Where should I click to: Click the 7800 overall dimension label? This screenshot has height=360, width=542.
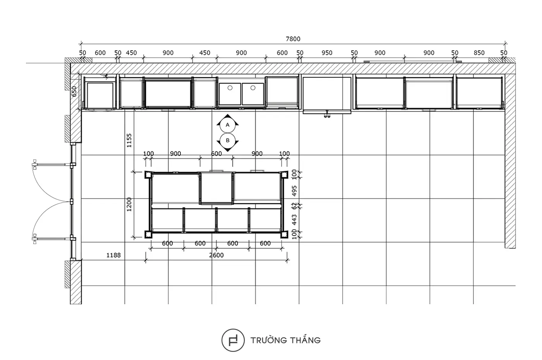pos(293,39)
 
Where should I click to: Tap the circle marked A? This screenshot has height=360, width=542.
pos(228,125)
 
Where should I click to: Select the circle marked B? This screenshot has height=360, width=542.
pos(228,141)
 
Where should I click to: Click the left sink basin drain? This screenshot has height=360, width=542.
pos(230,88)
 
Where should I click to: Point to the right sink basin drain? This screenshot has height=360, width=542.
pos(253,88)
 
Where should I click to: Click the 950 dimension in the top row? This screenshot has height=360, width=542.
pos(327,53)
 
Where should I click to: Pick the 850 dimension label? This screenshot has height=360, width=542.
pos(479,53)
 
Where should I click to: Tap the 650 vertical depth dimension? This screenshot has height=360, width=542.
pos(74,91)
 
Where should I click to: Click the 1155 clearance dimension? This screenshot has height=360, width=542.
pos(129,140)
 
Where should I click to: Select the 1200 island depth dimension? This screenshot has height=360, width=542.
pos(129,204)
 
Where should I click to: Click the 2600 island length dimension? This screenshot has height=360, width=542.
pos(216,255)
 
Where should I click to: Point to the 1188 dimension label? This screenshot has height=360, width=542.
pos(113,255)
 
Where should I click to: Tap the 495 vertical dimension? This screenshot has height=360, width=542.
pos(294,191)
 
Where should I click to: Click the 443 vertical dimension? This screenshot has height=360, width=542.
pos(294,220)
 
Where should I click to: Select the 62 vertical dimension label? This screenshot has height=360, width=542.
pos(294,206)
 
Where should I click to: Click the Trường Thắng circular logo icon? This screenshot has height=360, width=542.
pos(233,340)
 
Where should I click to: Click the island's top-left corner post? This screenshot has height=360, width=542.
pos(148,175)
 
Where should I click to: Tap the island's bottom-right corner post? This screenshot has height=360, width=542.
pos(284,235)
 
